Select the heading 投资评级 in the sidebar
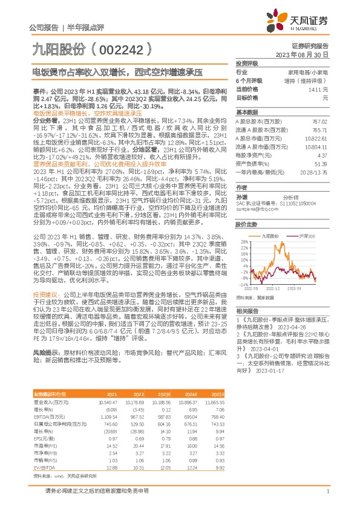tap(247, 63)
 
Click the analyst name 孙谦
tap(241, 196)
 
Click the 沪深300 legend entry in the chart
tap(304, 235)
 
